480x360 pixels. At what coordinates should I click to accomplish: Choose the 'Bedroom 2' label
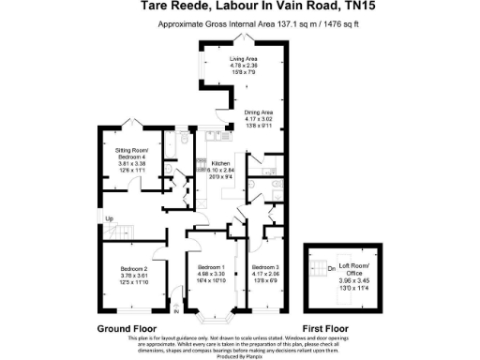tap(135, 269)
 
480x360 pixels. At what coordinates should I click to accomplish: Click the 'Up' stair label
tap(110, 218)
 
